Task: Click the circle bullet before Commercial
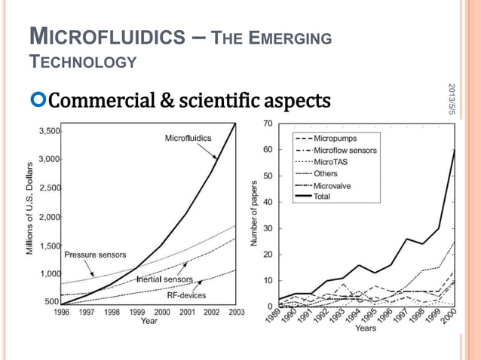click(x=39, y=101)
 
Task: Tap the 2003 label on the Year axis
click(x=236, y=312)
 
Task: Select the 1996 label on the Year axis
click(x=62, y=312)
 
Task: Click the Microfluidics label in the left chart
click(x=188, y=138)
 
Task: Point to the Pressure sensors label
click(x=95, y=255)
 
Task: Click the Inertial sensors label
click(x=164, y=280)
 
